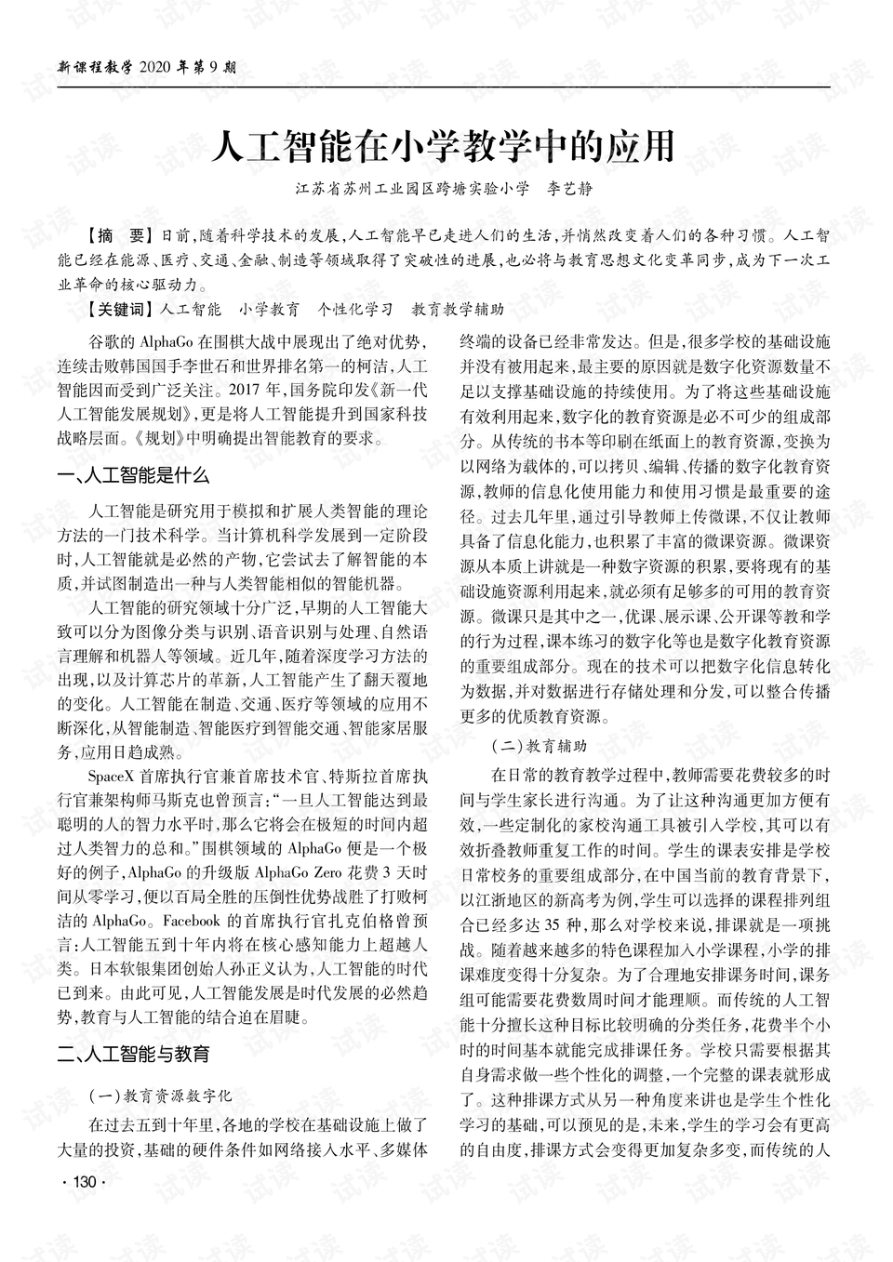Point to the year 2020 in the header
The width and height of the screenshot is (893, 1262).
pos(155,67)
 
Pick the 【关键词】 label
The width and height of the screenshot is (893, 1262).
pos(119,308)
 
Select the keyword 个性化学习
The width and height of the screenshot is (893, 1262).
pos(354,308)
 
